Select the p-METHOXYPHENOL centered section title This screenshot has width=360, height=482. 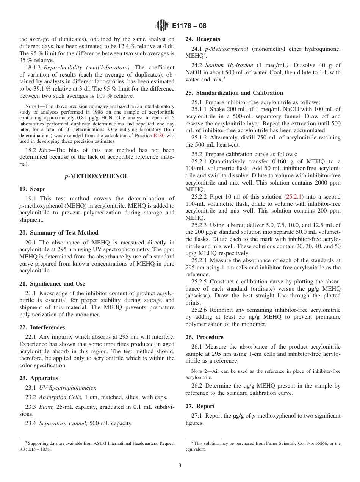[x=97, y=176]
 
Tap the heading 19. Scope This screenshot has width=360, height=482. [x=32, y=189]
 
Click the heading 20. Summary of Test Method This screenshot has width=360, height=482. [x=59, y=233]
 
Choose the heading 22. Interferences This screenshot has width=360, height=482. [x=42, y=327]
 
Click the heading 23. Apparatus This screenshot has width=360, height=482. [x=39, y=378]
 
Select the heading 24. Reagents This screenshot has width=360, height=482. [x=203, y=39]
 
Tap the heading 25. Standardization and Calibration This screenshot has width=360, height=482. [x=234, y=93]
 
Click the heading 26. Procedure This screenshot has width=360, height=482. [x=205, y=337]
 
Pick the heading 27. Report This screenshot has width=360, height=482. [x=200, y=406]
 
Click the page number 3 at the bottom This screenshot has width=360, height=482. [x=180, y=466]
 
